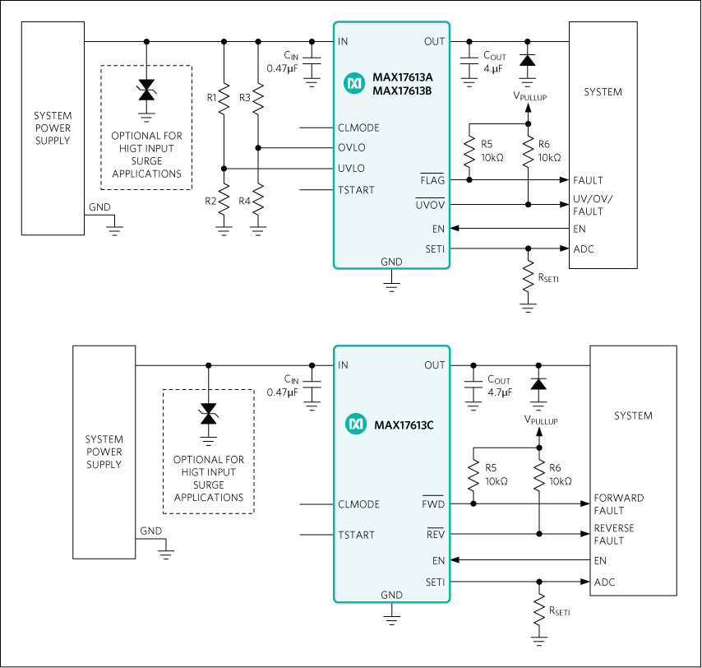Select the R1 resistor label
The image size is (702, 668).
[211, 98]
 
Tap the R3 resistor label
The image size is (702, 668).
[245, 98]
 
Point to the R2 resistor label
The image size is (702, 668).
[211, 201]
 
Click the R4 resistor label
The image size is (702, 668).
[245, 201]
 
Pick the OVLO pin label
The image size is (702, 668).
[351, 148]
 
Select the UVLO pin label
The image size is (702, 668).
[351, 169]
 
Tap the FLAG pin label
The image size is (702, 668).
[432, 179]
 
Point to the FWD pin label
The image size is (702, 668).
[433, 504]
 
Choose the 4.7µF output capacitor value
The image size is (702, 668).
[499, 393]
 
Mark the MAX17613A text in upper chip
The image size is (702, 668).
[404, 78]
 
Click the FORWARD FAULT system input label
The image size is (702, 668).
[619, 504]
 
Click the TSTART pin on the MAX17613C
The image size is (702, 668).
[356, 535]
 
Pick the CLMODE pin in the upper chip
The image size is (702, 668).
[358, 128]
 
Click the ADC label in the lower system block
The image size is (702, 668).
[604, 582]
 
